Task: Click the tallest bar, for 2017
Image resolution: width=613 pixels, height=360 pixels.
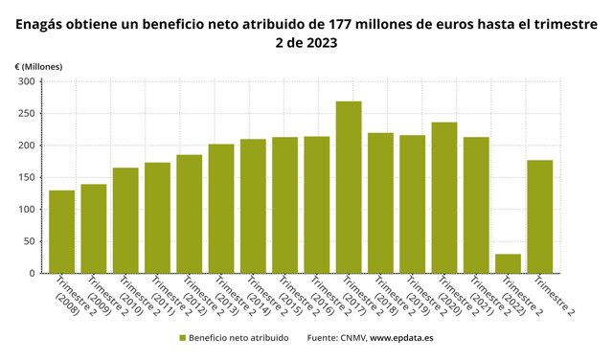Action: point(349,188)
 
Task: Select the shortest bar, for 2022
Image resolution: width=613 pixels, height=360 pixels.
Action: point(508,263)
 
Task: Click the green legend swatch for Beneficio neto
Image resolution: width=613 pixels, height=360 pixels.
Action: point(181,338)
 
